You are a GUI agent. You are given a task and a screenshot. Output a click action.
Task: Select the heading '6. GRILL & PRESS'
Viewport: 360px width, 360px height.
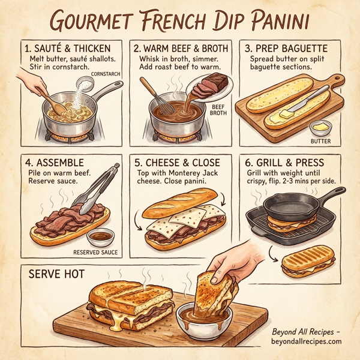[x=287, y=163]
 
